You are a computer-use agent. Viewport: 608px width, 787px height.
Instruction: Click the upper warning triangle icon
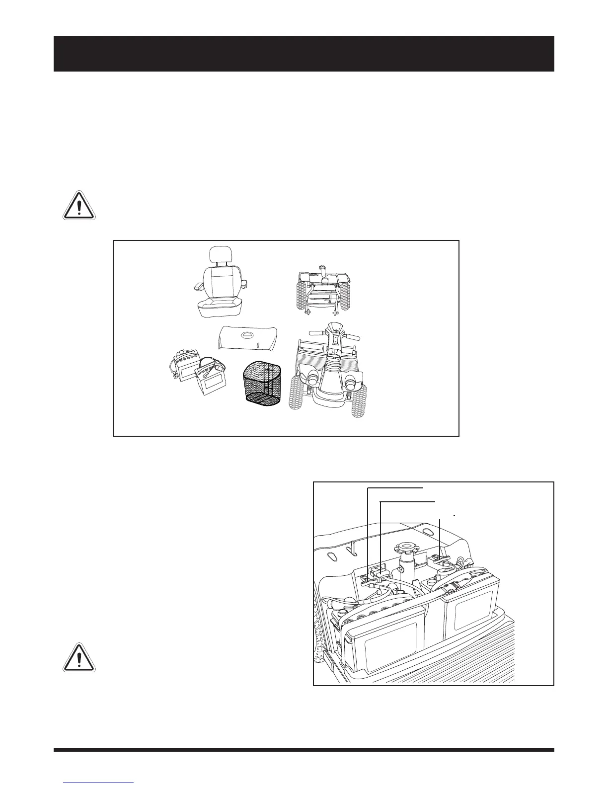(x=79, y=205)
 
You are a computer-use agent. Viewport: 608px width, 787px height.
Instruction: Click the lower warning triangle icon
(x=79, y=657)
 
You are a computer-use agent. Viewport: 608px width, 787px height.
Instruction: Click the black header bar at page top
(x=304, y=54)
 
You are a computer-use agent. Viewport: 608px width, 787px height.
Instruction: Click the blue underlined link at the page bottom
(x=98, y=783)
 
